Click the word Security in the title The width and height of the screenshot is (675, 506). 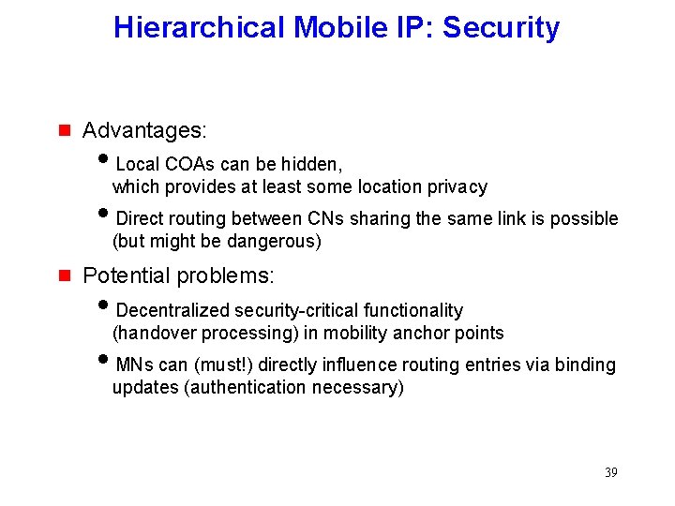501,28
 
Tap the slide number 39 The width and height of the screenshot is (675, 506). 611,472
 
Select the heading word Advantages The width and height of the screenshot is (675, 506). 143,129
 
